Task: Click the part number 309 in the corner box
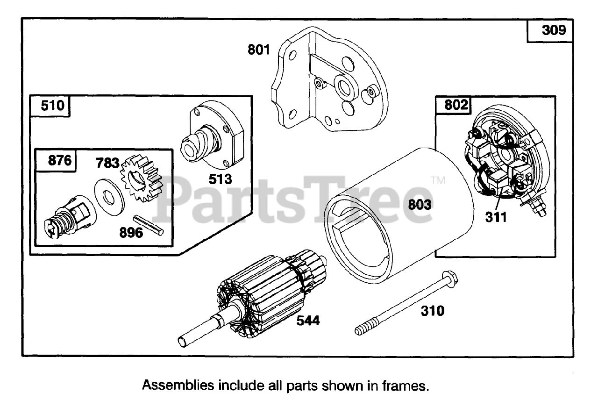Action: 554,30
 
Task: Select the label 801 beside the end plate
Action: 259,49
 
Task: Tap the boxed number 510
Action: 52,106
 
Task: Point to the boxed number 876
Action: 60,161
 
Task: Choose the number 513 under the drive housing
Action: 220,179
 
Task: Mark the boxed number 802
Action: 456,105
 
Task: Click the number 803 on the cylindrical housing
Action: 420,205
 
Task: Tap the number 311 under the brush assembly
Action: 496,217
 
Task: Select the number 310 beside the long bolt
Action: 433,310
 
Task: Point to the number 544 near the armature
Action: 308,321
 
